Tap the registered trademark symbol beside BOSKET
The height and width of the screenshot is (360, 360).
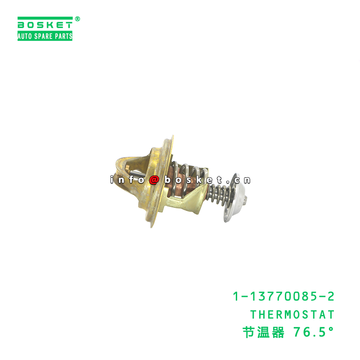pos(77,19)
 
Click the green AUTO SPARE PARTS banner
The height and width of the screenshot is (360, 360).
pos(45,36)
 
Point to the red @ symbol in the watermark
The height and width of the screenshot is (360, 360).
pos(154,180)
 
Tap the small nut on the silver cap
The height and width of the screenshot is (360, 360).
pos(246,180)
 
